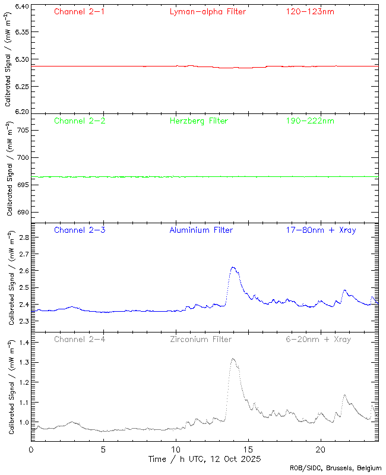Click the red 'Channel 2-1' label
coord(80,11)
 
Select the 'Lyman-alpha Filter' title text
coord(207,11)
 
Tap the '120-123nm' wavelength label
coord(309,11)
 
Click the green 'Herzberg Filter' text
coord(198,121)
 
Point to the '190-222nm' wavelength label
coord(309,121)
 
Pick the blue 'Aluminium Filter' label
coord(201,230)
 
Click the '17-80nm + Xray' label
coord(321,230)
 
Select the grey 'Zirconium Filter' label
coord(201,339)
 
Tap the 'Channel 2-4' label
coord(80,339)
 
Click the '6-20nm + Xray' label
coord(318,339)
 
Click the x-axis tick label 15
coord(248,449)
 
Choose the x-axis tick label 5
coord(103,449)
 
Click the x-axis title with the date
coord(204,459)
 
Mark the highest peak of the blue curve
coord(233,267)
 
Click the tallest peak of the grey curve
coord(233,359)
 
